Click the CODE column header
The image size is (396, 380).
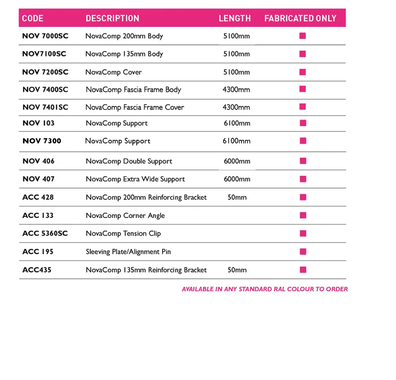point(33,19)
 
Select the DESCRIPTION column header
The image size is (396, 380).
point(112,19)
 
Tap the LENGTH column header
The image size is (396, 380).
point(235,19)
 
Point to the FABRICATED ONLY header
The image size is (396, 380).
point(300,19)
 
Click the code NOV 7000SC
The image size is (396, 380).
point(45,36)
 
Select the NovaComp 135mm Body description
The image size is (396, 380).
point(124,54)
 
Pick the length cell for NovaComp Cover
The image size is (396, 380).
point(236,72)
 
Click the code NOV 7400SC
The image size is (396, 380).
point(45,90)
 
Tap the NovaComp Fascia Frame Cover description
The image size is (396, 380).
point(135,107)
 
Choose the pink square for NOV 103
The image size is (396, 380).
point(303,123)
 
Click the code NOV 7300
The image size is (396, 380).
point(42,141)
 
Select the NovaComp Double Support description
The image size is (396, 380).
point(129,161)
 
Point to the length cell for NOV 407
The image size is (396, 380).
point(237,179)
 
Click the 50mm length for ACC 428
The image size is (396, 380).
point(237,197)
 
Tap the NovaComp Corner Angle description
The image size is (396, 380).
point(125,216)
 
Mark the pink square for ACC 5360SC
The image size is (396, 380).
point(303,233)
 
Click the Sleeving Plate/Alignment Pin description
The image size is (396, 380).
point(128,252)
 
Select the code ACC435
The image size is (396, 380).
point(37,270)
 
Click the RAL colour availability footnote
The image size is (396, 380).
point(265,289)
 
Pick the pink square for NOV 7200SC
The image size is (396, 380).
point(303,72)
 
